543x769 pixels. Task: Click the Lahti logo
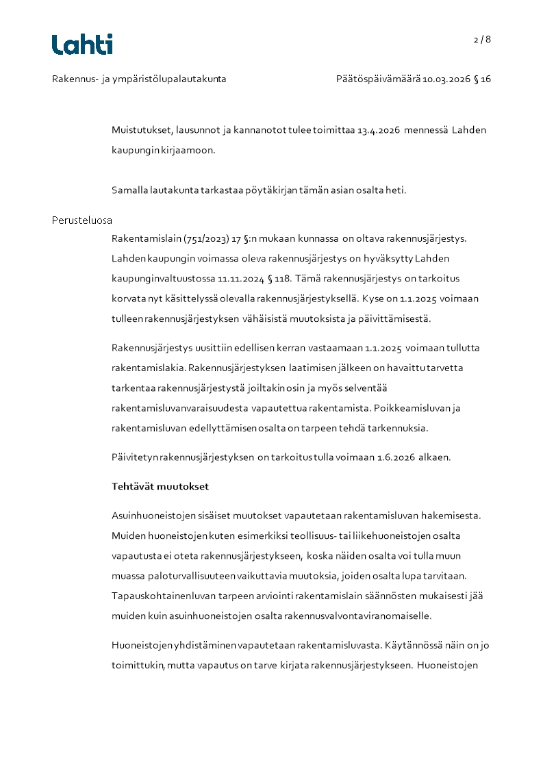(x=82, y=44)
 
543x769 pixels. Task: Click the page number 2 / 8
(x=482, y=40)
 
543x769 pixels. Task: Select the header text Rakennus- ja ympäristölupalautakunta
(x=139, y=79)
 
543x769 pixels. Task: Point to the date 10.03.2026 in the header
(x=446, y=79)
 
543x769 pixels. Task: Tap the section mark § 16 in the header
(x=483, y=79)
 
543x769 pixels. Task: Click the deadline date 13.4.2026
(x=379, y=130)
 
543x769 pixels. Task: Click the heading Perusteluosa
(x=81, y=220)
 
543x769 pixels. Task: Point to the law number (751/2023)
(x=205, y=239)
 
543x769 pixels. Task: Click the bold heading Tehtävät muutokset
(x=160, y=487)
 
